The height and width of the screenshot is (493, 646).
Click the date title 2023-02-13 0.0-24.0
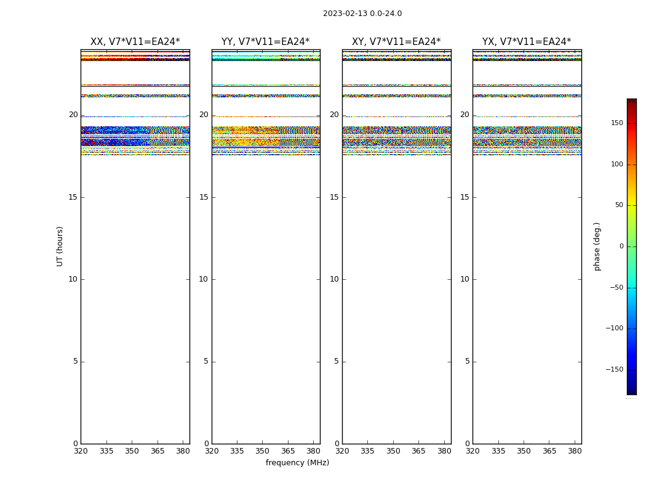tap(362, 14)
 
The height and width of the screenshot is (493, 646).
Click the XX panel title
tap(135, 42)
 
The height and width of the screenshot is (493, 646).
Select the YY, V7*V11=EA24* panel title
tap(266, 42)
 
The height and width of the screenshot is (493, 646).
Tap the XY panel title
tap(396, 42)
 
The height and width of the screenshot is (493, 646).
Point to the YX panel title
tap(527, 42)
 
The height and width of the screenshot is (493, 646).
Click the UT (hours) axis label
tap(60, 246)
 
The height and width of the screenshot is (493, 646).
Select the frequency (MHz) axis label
tap(297, 463)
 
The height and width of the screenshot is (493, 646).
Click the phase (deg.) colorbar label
tap(597, 246)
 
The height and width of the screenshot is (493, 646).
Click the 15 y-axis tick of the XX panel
tap(73, 197)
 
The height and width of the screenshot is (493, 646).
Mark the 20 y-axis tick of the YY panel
tap(204, 115)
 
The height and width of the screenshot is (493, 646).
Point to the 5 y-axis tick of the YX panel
tap(467, 362)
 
